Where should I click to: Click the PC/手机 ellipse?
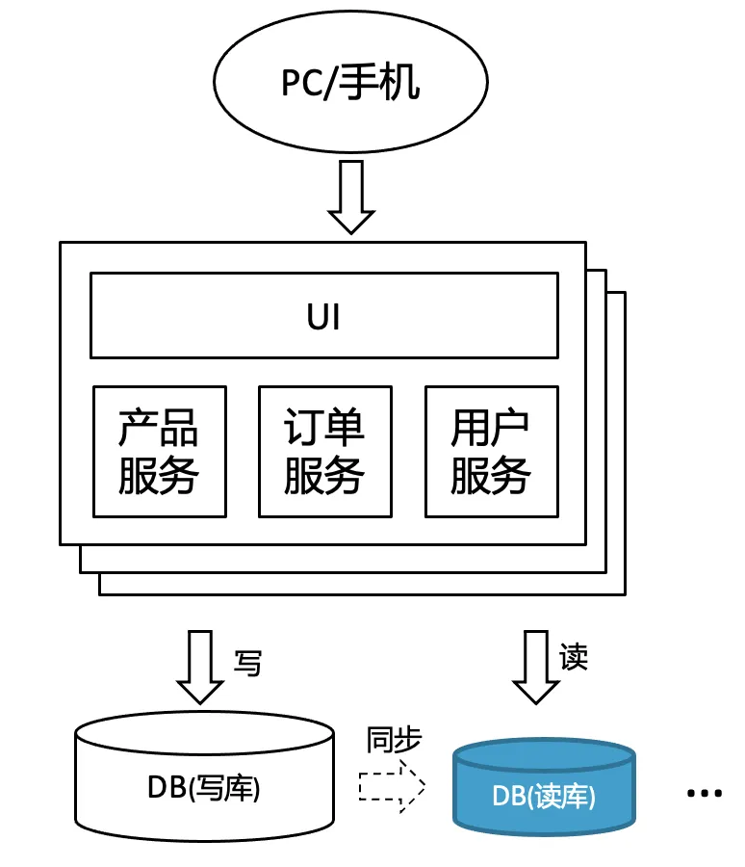[x=349, y=84]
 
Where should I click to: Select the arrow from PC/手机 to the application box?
[x=350, y=197]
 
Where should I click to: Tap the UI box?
[x=323, y=315]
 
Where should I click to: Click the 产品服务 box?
[x=159, y=451]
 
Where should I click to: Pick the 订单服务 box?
[x=324, y=451]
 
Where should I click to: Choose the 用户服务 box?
[x=491, y=451]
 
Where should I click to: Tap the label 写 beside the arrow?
[x=247, y=662]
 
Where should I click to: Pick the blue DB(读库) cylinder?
[x=544, y=784]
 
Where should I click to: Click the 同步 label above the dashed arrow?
[x=394, y=740]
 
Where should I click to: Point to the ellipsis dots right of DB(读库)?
[x=704, y=793]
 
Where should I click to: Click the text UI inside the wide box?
[x=323, y=316]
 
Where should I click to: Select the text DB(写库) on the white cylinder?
[x=204, y=788]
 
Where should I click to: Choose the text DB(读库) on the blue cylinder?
[x=544, y=796]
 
